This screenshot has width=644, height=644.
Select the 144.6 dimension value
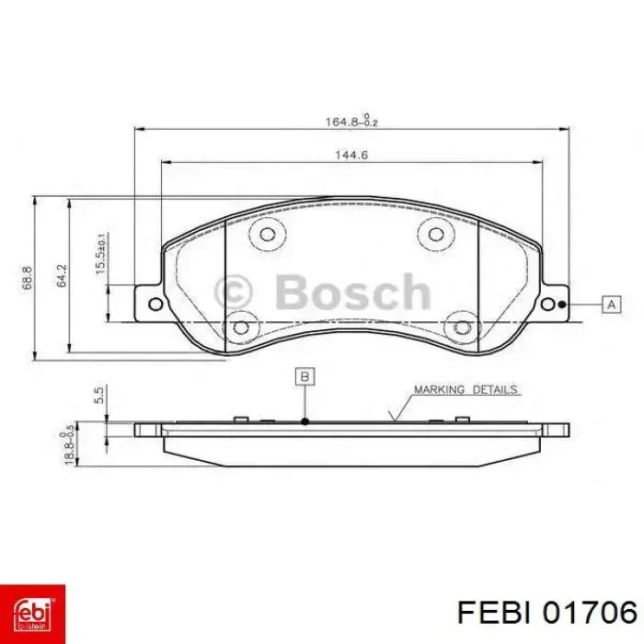351,155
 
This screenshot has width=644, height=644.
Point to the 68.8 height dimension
28,278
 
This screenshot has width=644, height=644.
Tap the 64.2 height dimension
62,276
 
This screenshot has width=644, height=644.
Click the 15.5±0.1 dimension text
101,253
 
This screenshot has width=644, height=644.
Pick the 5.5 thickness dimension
99,395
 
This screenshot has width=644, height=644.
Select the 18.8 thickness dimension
68,444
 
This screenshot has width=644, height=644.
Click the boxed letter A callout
611,305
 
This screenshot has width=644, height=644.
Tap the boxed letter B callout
305,376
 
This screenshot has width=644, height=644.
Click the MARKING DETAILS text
466,389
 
